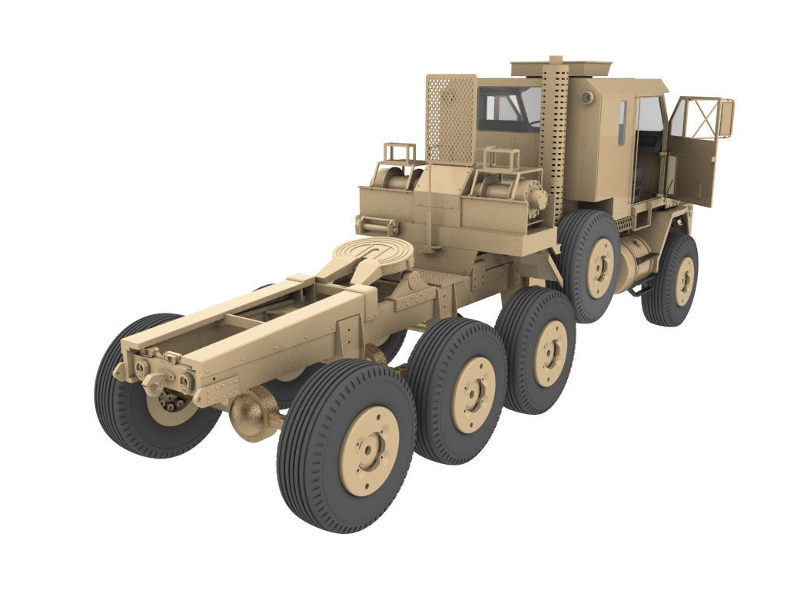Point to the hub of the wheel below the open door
pos(683,281)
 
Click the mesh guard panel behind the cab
pos(450,119)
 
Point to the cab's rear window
pos(508,109)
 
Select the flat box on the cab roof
pos(561,68)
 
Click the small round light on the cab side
pos(586,98)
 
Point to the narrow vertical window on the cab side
pos(622,123)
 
